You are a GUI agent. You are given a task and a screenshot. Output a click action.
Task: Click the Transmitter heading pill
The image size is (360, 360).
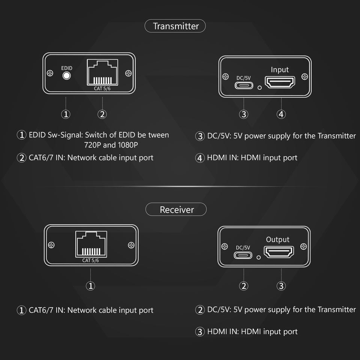pos(175,26)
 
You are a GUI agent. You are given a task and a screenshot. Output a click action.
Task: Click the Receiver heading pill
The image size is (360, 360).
pos(176,209)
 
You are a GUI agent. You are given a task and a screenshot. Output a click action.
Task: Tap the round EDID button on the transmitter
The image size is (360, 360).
pos(67,76)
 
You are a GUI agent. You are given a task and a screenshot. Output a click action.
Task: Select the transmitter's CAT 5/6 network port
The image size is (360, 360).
pos(102,73)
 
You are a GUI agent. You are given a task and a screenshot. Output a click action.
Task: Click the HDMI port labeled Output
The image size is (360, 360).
pos(279,252)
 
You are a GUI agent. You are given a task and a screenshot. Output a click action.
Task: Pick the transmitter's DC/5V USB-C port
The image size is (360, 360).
pos(244,85)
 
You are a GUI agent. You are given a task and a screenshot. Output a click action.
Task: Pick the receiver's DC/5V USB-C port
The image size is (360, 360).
pos(243,255)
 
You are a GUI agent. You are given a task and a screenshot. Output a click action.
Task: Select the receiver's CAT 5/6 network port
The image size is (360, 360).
pos(90,244)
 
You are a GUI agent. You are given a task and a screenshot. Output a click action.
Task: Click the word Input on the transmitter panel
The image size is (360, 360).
pos(280,70)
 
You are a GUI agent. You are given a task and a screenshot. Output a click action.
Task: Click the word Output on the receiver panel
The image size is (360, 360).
pos(277,240)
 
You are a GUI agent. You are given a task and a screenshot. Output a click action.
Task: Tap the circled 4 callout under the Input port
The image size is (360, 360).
pos(281,114)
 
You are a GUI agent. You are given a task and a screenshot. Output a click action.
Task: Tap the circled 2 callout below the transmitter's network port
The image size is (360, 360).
pos(102,114)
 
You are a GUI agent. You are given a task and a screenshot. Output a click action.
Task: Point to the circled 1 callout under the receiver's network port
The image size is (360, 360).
pos(90,286)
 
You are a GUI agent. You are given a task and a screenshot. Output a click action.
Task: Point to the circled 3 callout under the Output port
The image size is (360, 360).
pos(281,286)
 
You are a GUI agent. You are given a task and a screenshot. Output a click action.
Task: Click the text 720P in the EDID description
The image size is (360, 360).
pos(93,145)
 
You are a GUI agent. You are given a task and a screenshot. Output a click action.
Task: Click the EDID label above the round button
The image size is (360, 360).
pos(67,68)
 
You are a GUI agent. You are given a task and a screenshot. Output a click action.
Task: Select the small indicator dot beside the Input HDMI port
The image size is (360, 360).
pos(259,88)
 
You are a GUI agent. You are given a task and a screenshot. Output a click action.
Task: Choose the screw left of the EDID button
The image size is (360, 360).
pos(50,73)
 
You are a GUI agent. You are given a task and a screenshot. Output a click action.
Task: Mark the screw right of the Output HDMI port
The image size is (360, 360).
pos(303,246)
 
